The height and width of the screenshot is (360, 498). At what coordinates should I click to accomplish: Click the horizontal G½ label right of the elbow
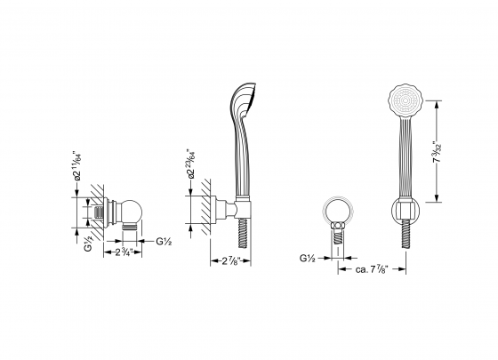coord(164,242)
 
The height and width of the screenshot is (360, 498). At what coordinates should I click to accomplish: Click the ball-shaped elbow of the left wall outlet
coord(136,213)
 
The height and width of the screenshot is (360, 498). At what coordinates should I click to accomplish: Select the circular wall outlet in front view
coord(337,213)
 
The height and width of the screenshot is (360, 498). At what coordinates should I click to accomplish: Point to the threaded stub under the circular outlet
coord(337,236)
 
